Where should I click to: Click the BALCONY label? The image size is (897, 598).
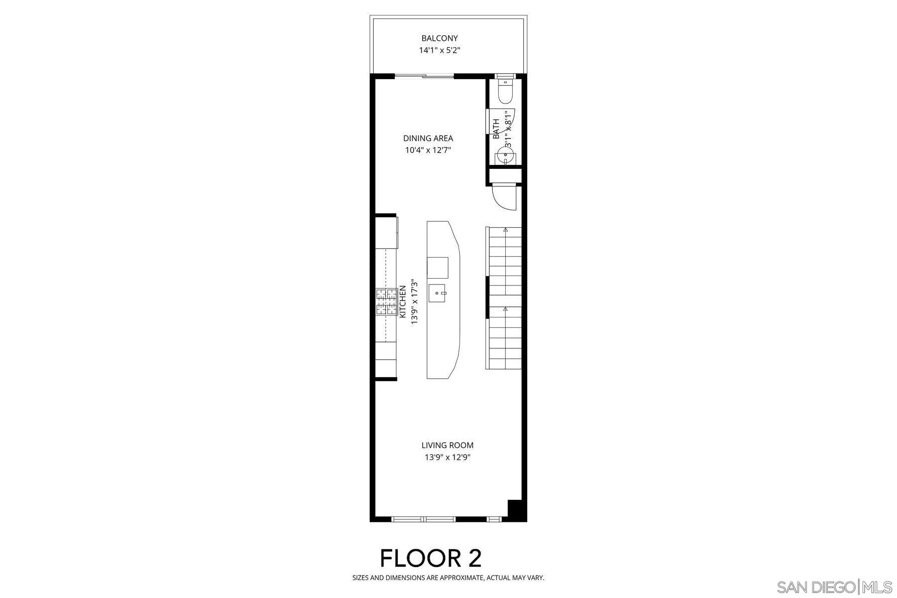440,38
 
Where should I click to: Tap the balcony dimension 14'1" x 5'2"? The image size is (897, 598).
440,50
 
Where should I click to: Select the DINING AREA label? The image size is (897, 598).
428,138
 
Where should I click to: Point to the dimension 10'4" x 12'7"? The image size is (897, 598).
428,149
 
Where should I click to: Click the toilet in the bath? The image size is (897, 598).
505,93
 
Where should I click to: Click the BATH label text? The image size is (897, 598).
496,129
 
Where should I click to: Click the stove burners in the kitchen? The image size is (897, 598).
386,301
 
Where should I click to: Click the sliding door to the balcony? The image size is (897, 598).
425,76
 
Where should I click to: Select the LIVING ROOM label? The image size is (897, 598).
448,445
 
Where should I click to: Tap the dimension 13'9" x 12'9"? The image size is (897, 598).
448,457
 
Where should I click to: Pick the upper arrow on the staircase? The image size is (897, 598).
505,230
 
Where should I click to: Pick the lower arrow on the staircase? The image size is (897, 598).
505,309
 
